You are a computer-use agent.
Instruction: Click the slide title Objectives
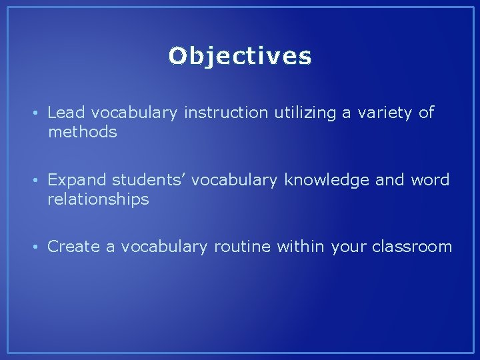[240, 57]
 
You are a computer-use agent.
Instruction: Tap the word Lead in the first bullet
[63, 113]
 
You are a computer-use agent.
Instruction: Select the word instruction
[227, 113]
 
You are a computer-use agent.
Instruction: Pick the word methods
[82, 132]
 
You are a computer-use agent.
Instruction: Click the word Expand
[77, 180]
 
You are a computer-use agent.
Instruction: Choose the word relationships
[98, 199]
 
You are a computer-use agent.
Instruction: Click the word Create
[73, 247]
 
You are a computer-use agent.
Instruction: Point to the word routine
[242, 247]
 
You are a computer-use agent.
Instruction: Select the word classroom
[412, 247]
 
